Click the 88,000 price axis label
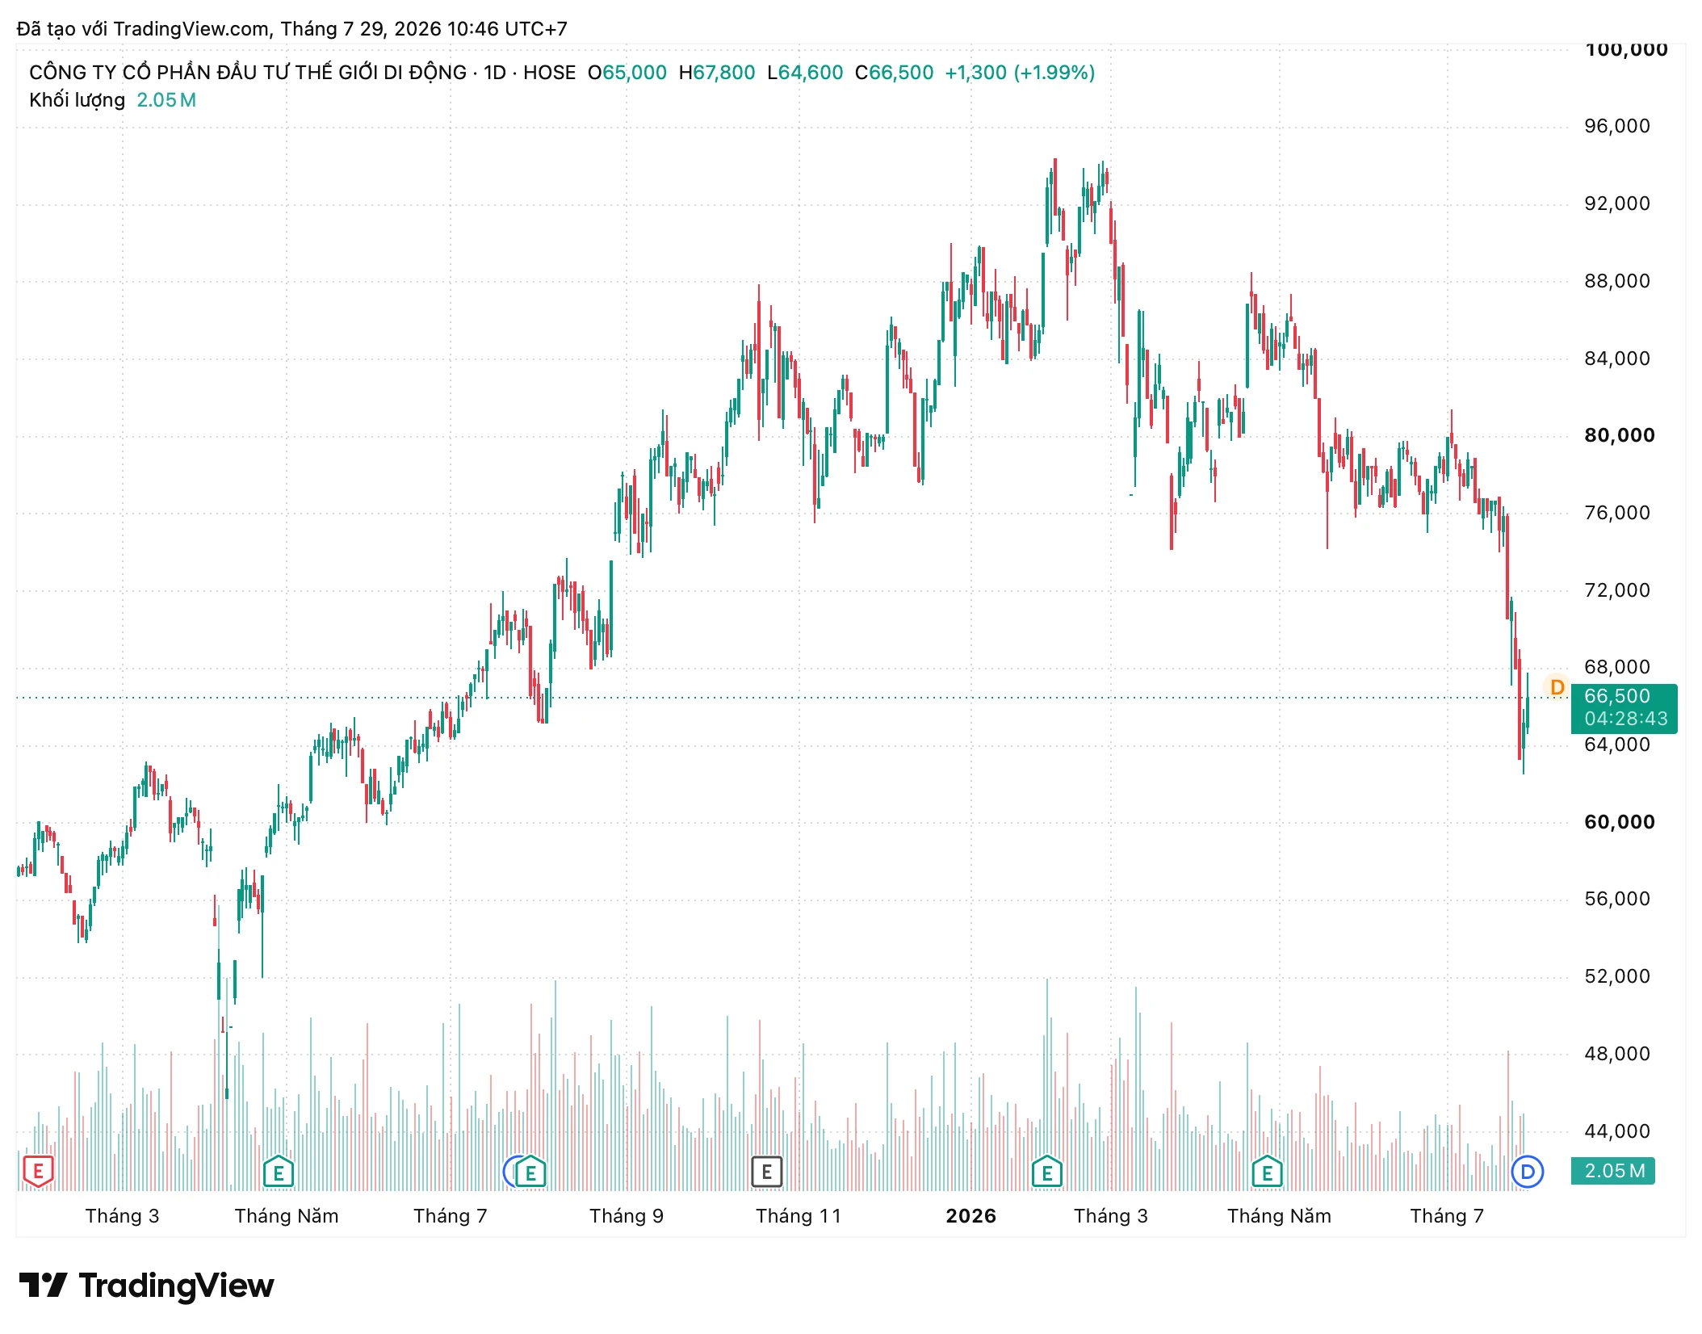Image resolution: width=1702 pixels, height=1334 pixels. pos(1617,281)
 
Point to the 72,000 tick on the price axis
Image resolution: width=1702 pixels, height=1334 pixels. pos(1617,590)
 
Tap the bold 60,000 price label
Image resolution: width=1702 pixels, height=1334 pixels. pos(1620,822)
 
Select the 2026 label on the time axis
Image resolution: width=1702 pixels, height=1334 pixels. pos(971,1216)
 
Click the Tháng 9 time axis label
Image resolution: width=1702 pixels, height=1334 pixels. pos(627,1216)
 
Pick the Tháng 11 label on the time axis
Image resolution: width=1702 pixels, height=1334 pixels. pos(799,1216)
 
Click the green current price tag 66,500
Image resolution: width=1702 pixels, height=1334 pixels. pos(1617,696)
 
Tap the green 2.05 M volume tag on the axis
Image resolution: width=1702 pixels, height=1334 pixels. pos(1613,1171)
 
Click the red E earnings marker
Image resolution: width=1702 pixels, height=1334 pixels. pos(38,1172)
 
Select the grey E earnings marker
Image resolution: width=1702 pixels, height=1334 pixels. pos(767,1172)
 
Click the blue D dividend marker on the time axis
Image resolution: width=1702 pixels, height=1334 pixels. pos(1528,1172)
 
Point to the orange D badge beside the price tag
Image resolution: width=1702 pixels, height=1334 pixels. pos(1557,687)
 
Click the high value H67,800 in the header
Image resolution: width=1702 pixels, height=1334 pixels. pos(717,73)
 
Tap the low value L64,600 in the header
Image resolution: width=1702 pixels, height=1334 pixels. pos(805,73)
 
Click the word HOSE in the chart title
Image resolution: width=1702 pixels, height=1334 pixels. pos(550,73)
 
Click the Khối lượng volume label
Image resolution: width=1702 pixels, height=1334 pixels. pos(78,100)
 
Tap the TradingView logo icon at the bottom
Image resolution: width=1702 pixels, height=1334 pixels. pos(44,1286)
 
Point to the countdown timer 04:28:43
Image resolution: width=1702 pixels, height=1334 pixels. pos(1626,719)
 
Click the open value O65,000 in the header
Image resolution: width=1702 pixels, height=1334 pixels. pos(627,73)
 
